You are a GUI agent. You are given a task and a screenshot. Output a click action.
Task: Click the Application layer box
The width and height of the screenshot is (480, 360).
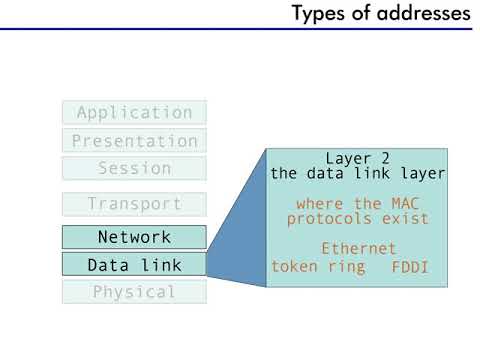click(134, 113)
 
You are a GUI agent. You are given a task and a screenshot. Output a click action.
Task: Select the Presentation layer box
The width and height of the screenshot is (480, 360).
click(134, 141)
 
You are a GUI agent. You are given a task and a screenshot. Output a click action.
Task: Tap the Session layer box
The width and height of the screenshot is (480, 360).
click(134, 168)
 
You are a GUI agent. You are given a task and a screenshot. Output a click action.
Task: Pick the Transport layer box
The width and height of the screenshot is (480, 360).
click(134, 204)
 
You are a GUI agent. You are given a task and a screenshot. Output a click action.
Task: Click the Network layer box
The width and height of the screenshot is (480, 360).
click(134, 237)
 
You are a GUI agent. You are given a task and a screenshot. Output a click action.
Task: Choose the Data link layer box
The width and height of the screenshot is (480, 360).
click(134, 265)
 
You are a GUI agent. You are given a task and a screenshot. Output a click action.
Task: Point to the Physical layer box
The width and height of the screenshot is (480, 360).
click(134, 292)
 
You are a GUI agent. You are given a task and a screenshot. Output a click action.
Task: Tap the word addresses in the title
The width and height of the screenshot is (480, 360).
click(421, 14)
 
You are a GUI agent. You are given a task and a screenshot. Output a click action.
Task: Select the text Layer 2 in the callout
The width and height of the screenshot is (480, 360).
click(357, 158)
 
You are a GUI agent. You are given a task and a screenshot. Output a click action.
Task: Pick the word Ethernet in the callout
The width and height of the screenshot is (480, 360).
click(358, 249)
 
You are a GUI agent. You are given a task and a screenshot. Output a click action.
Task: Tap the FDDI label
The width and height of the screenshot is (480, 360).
click(409, 268)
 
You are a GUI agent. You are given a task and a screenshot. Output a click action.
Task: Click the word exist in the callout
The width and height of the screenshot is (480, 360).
click(405, 218)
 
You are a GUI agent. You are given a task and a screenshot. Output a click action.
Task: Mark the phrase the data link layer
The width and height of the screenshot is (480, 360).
click(357, 173)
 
